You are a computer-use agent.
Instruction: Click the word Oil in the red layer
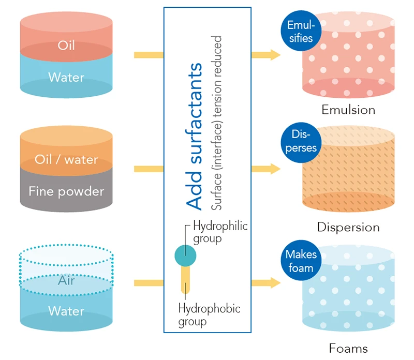pyautogui.click(x=66, y=46)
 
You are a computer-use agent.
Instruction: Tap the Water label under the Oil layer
pyautogui.click(x=66, y=78)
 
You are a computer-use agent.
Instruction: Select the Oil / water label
pyautogui.click(x=66, y=159)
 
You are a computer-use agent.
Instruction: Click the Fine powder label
pyautogui.click(x=66, y=191)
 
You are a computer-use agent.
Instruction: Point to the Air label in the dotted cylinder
pyautogui.click(x=66, y=281)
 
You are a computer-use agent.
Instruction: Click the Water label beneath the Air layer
pyautogui.click(x=66, y=311)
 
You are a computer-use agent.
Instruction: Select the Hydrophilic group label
pyautogui.click(x=220, y=232)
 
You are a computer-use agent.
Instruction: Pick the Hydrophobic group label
pyautogui.click(x=209, y=315)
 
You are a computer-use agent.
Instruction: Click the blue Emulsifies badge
pyautogui.click(x=301, y=31)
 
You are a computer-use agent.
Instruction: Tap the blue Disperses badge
pyautogui.click(x=301, y=141)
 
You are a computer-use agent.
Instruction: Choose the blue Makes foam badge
pyautogui.click(x=301, y=261)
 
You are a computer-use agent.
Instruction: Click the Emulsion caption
pyautogui.click(x=348, y=110)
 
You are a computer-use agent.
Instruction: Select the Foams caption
pyautogui.click(x=348, y=348)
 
